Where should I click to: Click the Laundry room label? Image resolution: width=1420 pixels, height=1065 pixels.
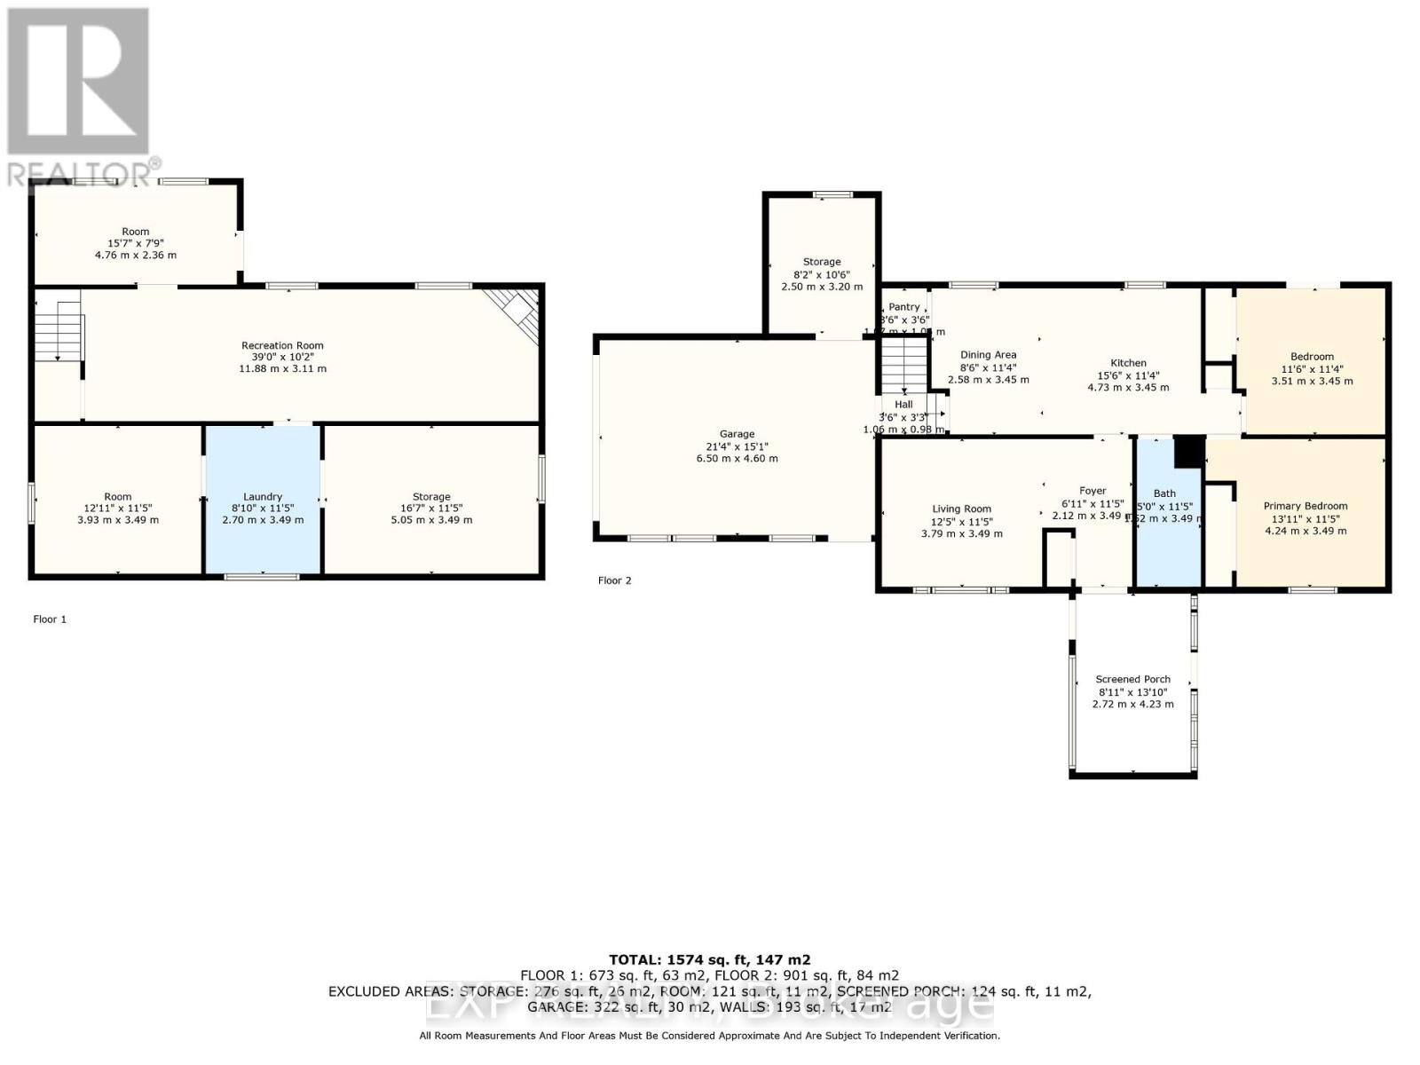coord(263,497)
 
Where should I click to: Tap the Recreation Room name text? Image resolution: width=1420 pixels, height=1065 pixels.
coord(282,345)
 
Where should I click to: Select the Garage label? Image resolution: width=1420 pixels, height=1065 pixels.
coord(737,434)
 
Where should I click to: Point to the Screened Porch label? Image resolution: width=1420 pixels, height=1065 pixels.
coord(1132,679)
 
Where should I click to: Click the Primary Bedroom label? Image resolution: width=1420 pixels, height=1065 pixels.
coord(1305,506)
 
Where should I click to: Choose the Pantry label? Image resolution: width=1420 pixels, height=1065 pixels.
coord(904,307)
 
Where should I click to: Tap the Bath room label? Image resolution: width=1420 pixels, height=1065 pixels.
coord(1164,493)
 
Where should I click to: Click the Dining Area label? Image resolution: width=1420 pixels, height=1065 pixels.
coord(988,355)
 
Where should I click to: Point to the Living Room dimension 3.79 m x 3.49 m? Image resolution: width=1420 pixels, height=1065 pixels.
coord(961,534)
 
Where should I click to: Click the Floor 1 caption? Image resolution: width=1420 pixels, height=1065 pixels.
coord(50,619)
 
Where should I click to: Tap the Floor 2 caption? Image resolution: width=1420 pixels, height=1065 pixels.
coord(614,580)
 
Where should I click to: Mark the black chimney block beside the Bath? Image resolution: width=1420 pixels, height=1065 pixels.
coord(1187,452)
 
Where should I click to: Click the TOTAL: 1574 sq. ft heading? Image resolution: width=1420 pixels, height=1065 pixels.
coord(709,959)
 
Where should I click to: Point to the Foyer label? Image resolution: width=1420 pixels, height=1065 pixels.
coord(1093,491)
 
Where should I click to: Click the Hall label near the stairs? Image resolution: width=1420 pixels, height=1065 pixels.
coord(903,404)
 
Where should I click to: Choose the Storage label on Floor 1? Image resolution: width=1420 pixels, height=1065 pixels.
coord(431,497)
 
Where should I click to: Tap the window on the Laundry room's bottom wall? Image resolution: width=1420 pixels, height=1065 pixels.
coord(261,577)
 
